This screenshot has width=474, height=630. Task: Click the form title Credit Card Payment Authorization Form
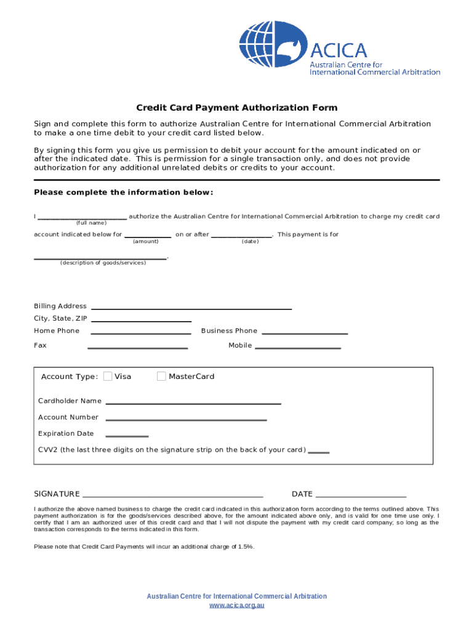(236, 108)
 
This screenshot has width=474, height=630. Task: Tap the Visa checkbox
(108, 377)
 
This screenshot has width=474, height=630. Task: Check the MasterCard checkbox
(161, 377)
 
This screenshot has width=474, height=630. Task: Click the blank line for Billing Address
(191, 307)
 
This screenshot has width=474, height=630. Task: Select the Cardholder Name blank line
(193, 402)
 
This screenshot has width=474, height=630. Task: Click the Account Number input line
(186, 419)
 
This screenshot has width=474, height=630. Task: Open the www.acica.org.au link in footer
(236, 606)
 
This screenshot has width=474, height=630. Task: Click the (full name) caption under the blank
(91, 223)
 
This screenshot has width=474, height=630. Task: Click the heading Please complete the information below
(123, 193)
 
